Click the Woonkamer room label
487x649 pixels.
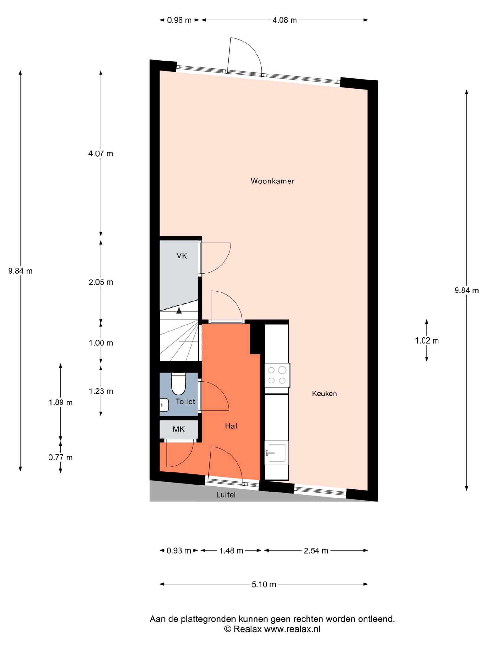click(x=272, y=181)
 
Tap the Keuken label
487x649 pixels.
click(x=324, y=394)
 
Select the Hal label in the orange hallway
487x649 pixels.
click(x=231, y=426)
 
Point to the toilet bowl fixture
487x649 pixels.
click(x=179, y=384)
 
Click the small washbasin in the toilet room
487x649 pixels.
click(x=164, y=405)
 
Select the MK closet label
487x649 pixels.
click(x=179, y=429)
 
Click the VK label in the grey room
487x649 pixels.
click(x=182, y=256)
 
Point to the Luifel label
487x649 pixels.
click(x=226, y=495)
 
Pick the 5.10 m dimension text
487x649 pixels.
click(x=264, y=584)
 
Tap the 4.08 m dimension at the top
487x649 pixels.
click(x=285, y=20)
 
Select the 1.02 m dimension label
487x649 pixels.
click(x=427, y=341)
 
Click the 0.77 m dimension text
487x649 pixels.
click(x=60, y=458)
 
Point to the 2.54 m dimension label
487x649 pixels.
click(x=316, y=551)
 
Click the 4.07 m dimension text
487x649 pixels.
click(x=101, y=154)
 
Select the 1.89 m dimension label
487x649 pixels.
click(x=60, y=402)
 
